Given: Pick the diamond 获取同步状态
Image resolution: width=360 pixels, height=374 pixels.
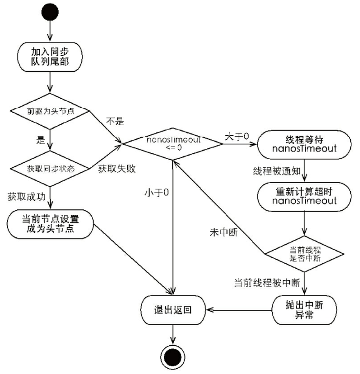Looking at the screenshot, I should pyautogui.click(x=49, y=168).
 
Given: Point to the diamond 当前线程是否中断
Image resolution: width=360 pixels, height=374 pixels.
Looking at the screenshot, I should pyautogui.click(x=304, y=254).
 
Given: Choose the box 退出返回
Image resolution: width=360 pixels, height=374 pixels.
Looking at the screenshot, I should pyautogui.click(x=174, y=309).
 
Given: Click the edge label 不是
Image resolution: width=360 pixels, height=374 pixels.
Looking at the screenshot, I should pyautogui.click(x=115, y=122).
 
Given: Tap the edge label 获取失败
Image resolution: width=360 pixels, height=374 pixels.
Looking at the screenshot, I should pyautogui.click(x=117, y=169).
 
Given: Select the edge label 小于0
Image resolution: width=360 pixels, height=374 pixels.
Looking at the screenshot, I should pyautogui.click(x=156, y=193).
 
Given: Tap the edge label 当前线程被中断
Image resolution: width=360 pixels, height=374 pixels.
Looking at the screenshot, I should pyautogui.click(x=267, y=283).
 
